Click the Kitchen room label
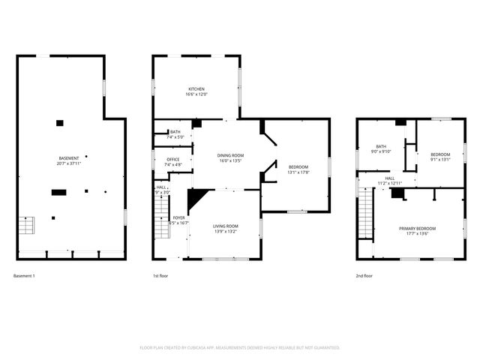click(196, 88)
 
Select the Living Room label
click(226, 226)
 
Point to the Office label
click(173, 159)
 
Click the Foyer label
click(179, 217)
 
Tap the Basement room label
click(69, 158)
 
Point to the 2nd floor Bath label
click(381, 146)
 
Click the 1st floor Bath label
click(175, 132)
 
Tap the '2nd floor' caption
click(364, 276)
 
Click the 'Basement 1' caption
click(24, 276)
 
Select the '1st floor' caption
click(161, 276)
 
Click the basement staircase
click(26, 225)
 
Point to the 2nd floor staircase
click(365, 213)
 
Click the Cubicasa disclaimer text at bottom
click(240, 348)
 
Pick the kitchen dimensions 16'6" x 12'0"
click(196, 94)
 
